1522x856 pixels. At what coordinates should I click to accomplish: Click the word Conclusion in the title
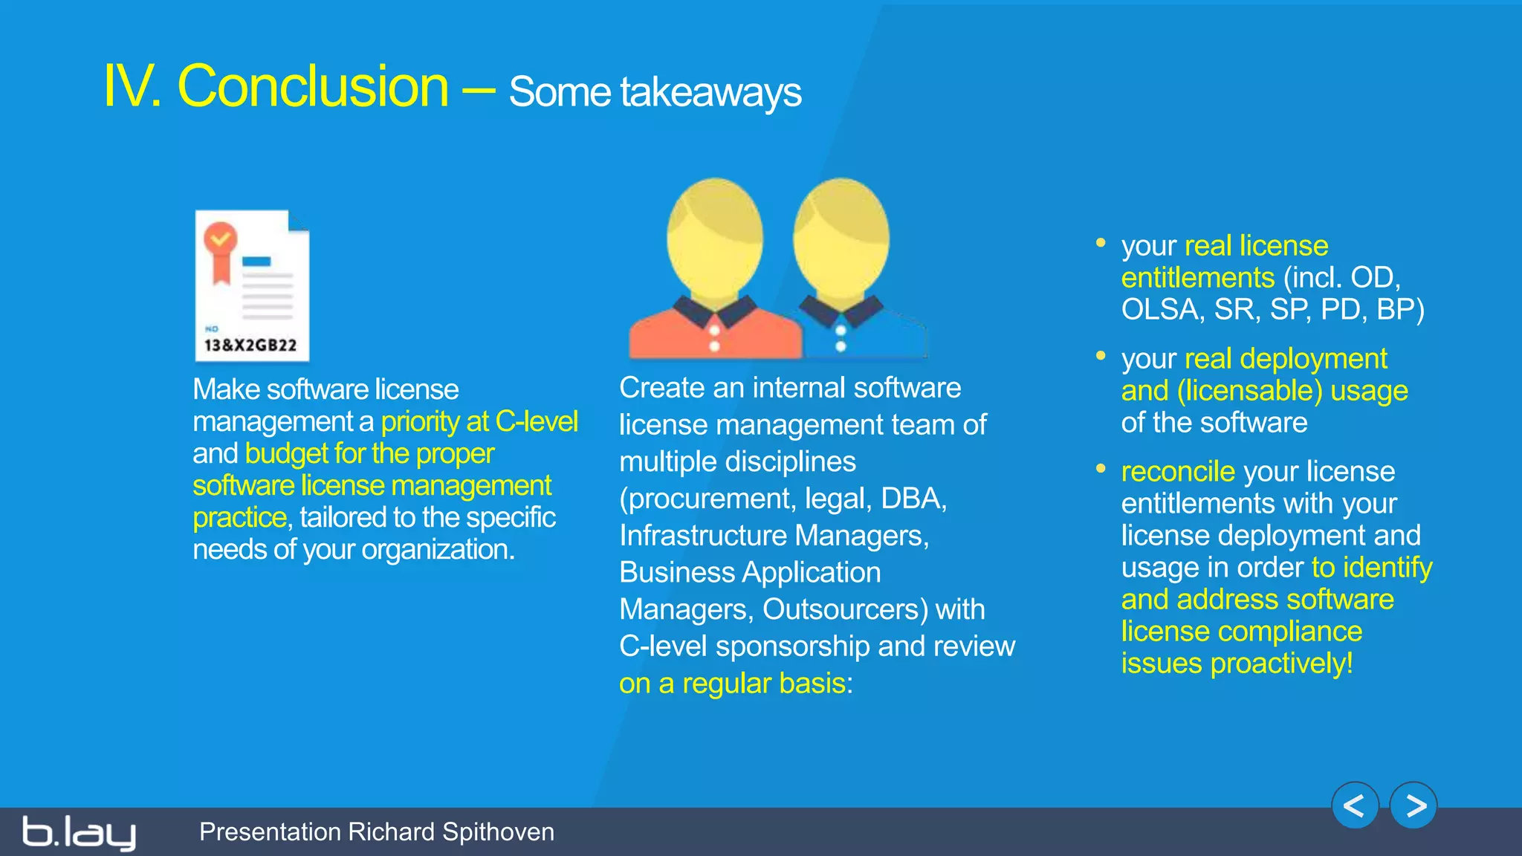[313, 87]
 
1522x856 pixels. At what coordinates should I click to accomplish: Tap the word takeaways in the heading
[710, 93]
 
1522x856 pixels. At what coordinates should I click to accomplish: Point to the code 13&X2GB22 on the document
[250, 346]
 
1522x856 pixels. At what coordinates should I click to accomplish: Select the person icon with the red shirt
[715, 271]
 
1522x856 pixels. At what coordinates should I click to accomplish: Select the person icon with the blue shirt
[847, 271]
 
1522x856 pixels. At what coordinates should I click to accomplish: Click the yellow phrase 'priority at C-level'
[479, 422]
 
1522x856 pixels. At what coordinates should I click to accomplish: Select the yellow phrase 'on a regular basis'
[732, 684]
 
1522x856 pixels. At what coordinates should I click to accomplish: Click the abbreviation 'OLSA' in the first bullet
[1159, 310]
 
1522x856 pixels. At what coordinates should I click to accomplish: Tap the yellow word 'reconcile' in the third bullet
[1178, 472]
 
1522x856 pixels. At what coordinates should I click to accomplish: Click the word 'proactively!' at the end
[1281, 664]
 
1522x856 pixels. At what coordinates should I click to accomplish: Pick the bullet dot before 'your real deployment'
[1101, 356]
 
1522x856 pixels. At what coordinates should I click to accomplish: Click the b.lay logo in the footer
[79, 832]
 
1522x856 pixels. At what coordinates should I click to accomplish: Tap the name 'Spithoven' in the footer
[498, 832]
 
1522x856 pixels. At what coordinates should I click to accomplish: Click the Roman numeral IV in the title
[131, 87]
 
